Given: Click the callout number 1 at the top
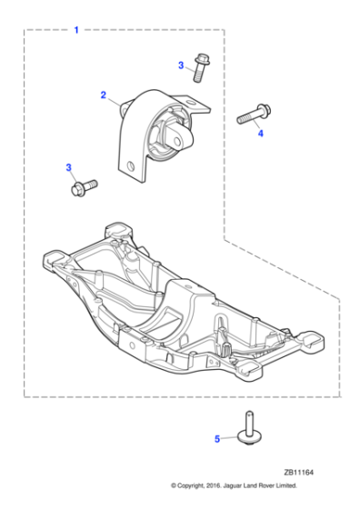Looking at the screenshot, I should (x=75, y=30).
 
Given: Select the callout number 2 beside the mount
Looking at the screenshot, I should (x=104, y=95).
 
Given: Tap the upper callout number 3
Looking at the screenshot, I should (x=181, y=65).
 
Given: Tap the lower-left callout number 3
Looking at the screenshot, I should (x=68, y=167).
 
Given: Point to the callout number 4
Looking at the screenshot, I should (x=260, y=134).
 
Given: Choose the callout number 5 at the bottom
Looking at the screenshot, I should (x=216, y=439).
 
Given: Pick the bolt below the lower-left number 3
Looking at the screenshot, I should (x=83, y=187).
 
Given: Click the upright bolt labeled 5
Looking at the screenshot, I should (x=248, y=428).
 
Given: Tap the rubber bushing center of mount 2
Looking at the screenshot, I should (x=174, y=136).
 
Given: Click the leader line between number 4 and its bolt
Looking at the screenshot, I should (x=256, y=125).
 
